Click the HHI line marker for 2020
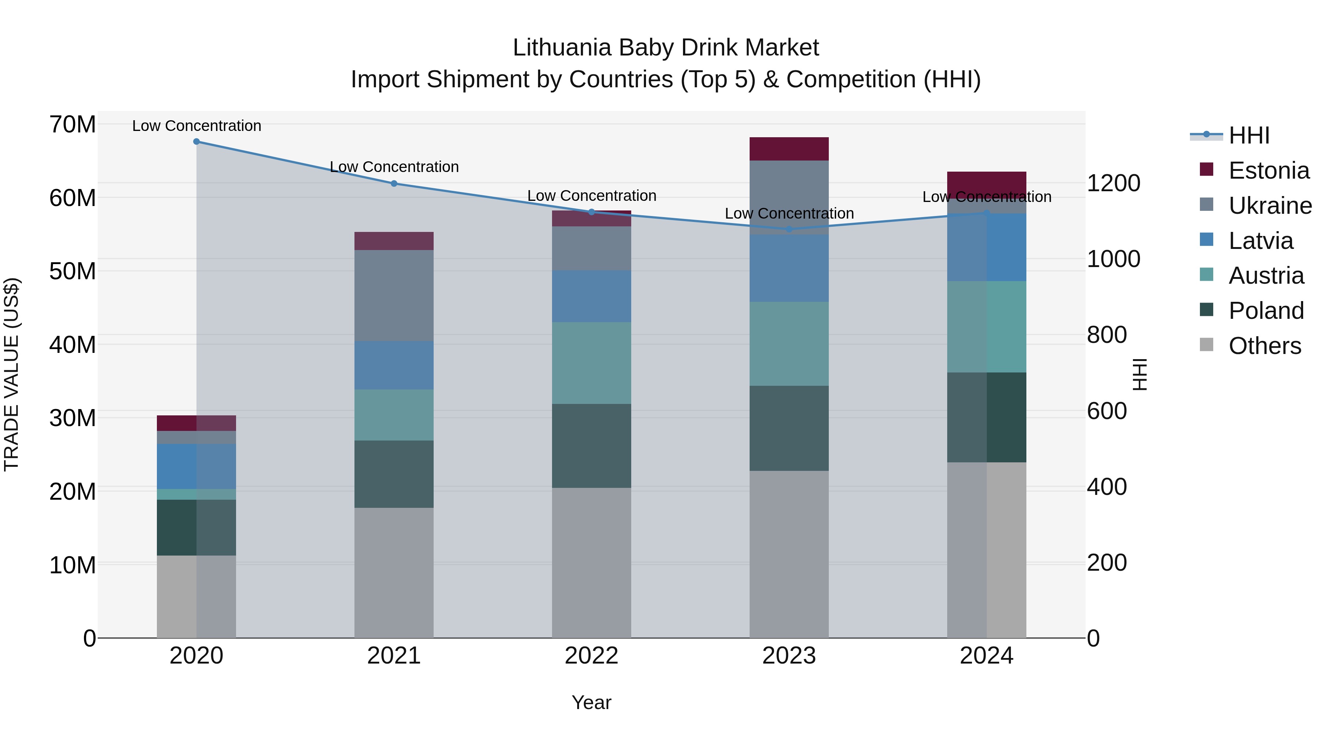(196, 142)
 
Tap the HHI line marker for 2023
(789, 229)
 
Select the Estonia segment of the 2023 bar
(789, 149)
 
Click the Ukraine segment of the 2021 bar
(394, 295)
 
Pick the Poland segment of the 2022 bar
(592, 446)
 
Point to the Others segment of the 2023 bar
(789, 554)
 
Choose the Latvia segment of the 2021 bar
(394, 365)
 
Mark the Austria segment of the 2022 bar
(592, 363)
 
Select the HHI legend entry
(1249, 135)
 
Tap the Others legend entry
(1264, 346)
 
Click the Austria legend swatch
(1206, 274)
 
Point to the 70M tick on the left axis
(73, 125)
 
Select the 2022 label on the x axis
(592, 656)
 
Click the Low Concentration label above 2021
(394, 167)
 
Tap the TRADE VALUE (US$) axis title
(11, 374)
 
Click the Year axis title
(592, 702)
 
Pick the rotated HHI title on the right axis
(1140, 374)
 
